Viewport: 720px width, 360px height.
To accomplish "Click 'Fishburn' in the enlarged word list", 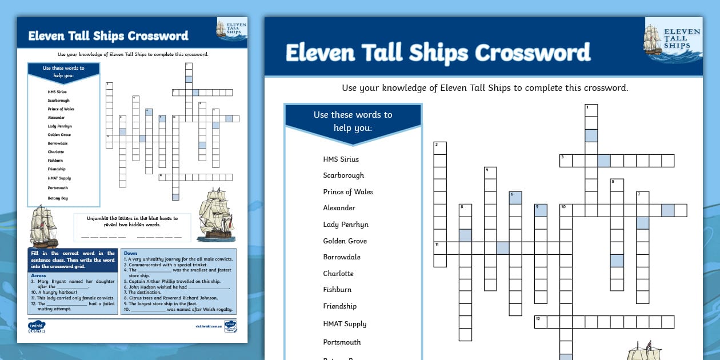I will pos(337,290).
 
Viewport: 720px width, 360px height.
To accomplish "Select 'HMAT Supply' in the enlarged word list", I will pos(345,324).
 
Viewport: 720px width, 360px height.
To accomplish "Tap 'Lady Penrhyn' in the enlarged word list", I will pos(346,225).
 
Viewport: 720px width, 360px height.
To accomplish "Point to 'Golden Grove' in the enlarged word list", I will pos(345,241).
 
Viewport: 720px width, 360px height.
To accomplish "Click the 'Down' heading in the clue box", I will pos(130,253).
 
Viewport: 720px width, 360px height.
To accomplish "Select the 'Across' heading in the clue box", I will pos(39,275).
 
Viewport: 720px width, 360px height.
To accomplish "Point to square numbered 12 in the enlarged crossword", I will pos(541,322).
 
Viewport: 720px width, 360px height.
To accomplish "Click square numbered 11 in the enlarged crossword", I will pos(439,247).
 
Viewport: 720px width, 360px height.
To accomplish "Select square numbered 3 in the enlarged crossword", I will pos(566,161).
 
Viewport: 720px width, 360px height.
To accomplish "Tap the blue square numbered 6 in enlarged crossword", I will pos(515,198).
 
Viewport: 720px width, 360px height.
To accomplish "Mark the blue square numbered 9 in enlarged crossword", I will pos(541,210).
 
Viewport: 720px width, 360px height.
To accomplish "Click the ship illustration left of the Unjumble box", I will pos(44,227).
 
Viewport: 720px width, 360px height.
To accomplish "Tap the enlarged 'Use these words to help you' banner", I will pos(353,121).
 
